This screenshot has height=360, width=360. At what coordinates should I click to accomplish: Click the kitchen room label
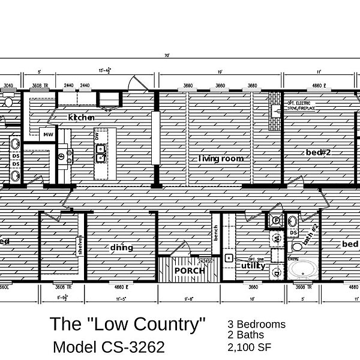[82, 118]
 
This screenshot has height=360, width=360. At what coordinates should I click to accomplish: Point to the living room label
[221, 158]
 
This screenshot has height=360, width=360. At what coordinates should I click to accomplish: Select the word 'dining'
[122, 247]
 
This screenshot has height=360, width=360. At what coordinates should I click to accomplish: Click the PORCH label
[190, 271]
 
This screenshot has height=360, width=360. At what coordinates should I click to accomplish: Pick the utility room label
[253, 265]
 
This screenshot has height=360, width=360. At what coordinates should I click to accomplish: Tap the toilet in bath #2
[296, 247]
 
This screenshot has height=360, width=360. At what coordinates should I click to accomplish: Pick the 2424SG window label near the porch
[206, 262]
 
